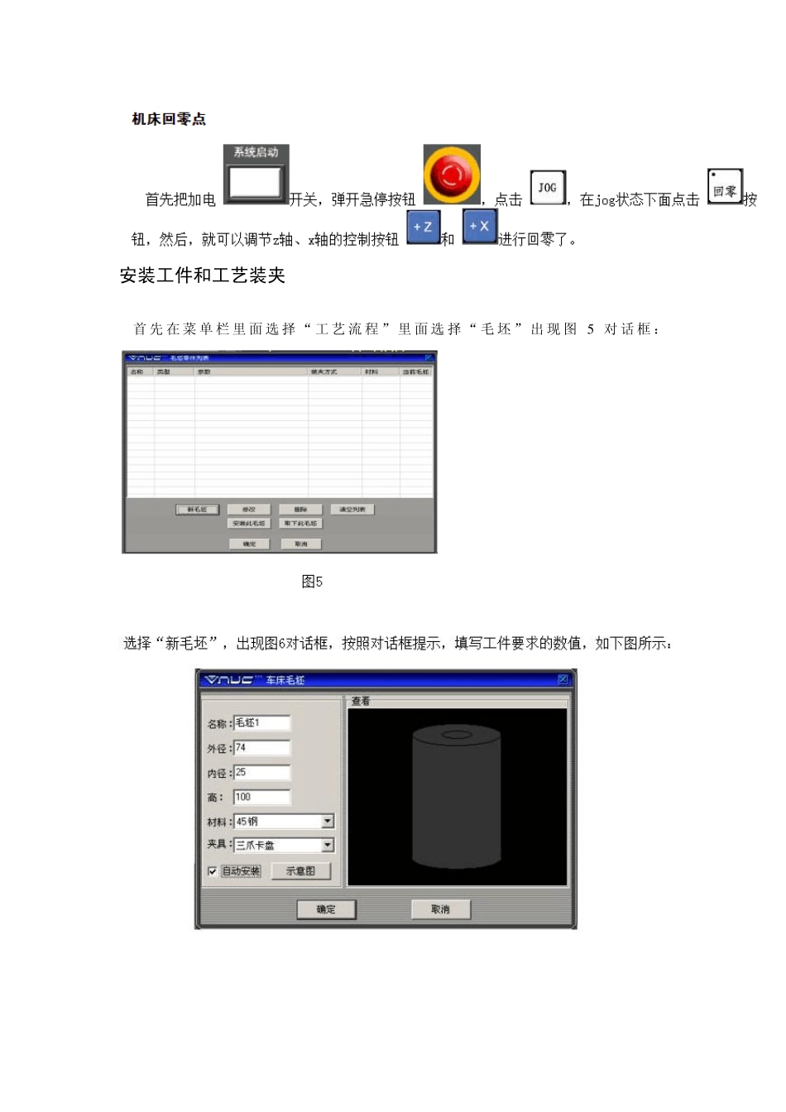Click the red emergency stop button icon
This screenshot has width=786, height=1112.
[452, 175]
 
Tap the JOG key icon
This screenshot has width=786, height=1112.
[547, 188]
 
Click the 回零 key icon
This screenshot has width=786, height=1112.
[725, 188]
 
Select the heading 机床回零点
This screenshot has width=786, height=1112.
[169, 119]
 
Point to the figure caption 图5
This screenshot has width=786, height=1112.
[312, 582]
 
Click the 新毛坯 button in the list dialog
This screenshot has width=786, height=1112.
[197, 510]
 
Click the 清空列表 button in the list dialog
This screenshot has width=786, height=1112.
[352, 510]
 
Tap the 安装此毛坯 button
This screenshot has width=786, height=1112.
[249, 523]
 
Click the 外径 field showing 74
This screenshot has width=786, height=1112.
[261, 748]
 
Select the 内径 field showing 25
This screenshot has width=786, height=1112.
[261, 773]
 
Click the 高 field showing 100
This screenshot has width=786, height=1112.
[261, 798]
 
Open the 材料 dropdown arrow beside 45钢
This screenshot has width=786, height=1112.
[328, 822]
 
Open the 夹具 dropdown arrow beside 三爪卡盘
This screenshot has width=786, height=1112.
[328, 845]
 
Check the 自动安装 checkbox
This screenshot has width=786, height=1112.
[213, 871]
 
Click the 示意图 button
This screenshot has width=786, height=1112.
[300, 871]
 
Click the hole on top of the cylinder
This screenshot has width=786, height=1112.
[456, 735]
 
